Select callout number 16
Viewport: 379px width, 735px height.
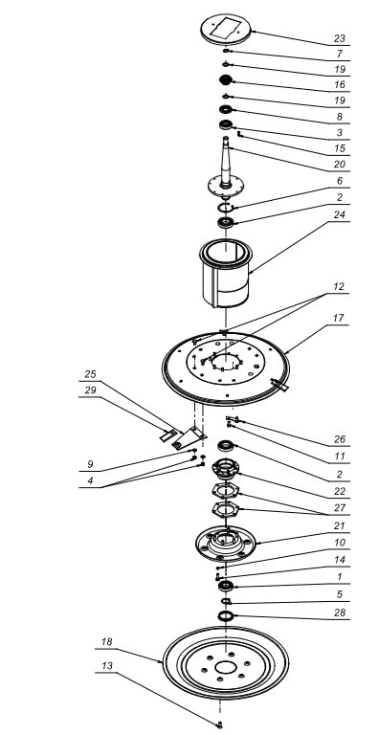340,85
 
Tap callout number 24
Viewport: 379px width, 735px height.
340,214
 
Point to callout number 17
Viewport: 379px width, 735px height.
339,319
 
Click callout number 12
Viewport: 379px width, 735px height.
339,287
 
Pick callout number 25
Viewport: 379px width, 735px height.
90,374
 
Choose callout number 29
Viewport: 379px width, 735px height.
90,390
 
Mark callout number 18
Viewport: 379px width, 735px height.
107,642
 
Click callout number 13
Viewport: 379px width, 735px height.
107,666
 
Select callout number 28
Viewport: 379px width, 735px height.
340,612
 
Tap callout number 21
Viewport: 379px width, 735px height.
340,526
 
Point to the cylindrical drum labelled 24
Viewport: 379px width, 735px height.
226,273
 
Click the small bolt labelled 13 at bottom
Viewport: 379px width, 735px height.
219,725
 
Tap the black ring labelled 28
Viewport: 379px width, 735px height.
226,615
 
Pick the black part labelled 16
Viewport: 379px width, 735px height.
226,79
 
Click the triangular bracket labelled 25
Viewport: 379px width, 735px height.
189,438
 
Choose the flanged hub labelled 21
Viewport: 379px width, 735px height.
226,544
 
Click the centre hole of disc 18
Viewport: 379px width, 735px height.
226,667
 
